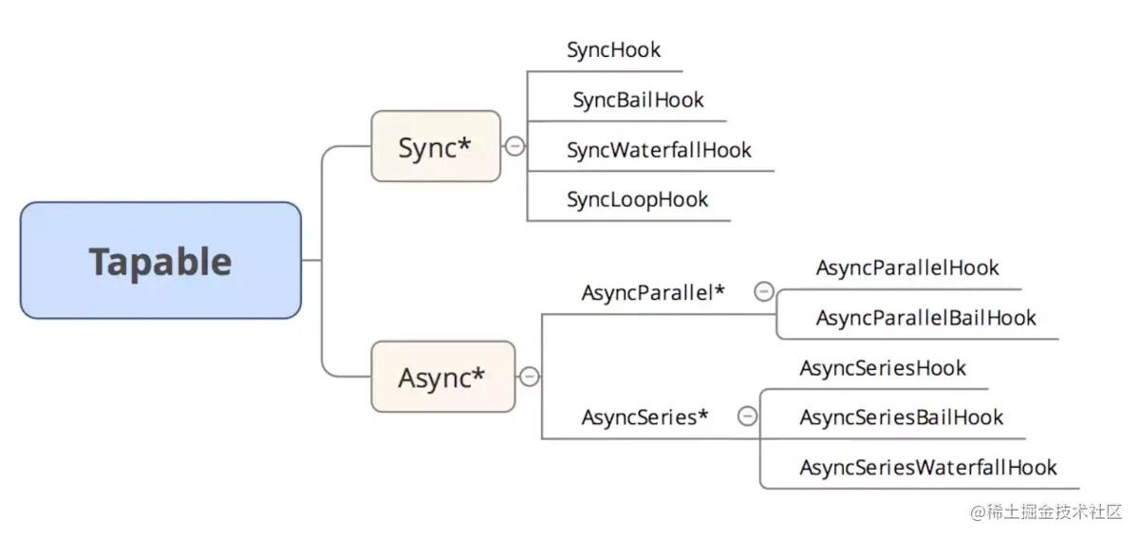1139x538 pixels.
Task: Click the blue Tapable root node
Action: tap(160, 260)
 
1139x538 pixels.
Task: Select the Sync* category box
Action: tap(436, 146)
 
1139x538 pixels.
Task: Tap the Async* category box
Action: tap(442, 377)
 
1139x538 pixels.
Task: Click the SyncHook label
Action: tap(613, 50)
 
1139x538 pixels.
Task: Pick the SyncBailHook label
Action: tap(638, 100)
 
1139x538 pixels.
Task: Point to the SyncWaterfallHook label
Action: tap(659, 150)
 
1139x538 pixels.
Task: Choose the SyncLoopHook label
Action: tap(637, 199)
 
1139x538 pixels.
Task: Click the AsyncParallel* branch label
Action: tap(653, 293)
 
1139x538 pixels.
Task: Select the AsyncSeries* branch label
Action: tap(644, 417)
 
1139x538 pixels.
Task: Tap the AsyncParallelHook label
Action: tap(906, 269)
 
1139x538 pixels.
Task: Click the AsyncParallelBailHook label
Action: tap(925, 318)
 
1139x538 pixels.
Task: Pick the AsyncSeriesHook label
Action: tap(882, 368)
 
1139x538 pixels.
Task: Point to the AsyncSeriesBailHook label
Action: tap(901, 417)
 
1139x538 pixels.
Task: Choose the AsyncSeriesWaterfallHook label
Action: tap(927, 468)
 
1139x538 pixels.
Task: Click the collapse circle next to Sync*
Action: tap(514, 146)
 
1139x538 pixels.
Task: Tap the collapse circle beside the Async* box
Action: tap(530, 377)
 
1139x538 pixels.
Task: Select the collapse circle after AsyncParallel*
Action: tap(763, 292)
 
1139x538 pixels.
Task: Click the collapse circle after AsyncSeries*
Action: tap(747, 417)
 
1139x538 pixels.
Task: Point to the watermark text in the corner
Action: tap(1045, 512)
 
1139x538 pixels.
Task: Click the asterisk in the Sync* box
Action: tap(465, 144)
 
